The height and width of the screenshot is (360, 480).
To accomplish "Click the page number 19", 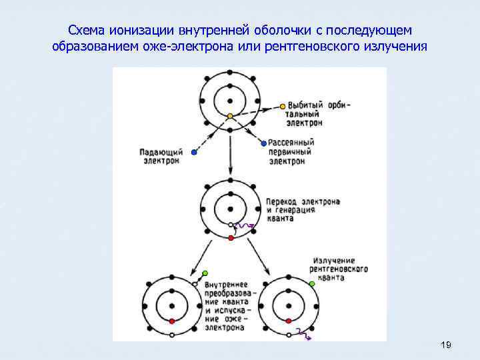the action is tap(447, 345).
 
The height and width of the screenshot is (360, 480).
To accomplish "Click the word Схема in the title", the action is tap(85, 31).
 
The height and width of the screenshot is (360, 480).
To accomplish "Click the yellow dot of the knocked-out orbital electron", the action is tap(283, 105).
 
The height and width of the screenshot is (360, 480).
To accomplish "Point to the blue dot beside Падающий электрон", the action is tap(194, 151).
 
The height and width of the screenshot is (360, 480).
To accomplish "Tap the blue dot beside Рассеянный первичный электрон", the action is tap(264, 143).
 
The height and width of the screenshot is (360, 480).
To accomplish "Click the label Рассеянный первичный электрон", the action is tap(291, 151).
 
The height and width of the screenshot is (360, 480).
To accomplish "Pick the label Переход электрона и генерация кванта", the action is tap(303, 209).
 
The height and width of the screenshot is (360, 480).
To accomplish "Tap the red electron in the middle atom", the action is tap(231, 237).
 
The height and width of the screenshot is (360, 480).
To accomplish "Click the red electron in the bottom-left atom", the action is tap(172, 321).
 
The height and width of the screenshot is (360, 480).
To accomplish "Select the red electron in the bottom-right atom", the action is tap(289, 321).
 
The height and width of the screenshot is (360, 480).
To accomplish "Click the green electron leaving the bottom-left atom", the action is tap(205, 273).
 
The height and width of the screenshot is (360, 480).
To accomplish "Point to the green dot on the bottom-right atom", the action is tap(311, 283).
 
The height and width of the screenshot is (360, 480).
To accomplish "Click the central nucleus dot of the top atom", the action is tap(230, 101).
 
